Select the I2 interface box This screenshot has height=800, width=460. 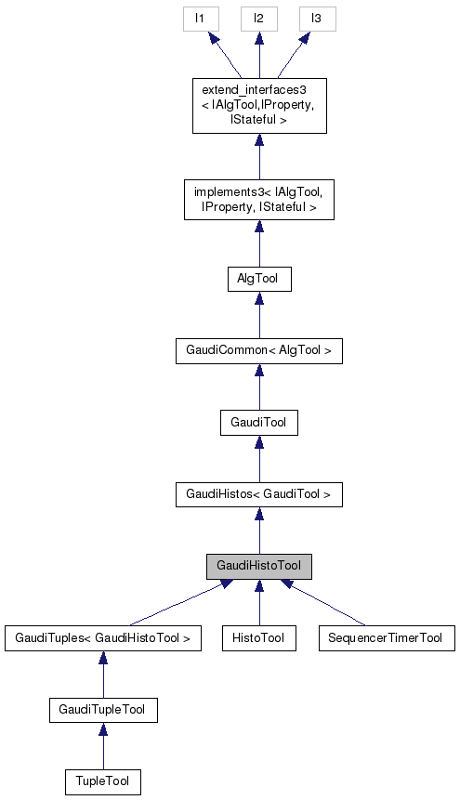[258, 19]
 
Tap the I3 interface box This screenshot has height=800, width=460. [317, 19]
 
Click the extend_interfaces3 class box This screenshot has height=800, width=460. [258, 106]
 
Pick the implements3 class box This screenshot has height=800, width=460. [258, 200]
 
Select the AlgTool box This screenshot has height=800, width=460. [258, 279]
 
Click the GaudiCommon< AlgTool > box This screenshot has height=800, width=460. [258, 351]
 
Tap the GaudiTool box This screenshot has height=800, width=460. [258, 423]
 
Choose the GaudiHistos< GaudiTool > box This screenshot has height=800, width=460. [258, 494]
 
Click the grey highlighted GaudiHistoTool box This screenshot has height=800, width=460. [258, 566]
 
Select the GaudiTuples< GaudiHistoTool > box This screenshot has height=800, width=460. [102, 638]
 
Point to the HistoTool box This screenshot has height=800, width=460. [258, 638]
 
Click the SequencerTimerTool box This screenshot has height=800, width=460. [386, 638]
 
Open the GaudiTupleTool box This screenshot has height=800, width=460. [102, 711]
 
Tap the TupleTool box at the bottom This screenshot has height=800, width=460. [102, 782]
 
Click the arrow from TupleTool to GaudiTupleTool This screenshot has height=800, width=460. [102, 747]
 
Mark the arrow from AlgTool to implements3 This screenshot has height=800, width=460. [258, 243]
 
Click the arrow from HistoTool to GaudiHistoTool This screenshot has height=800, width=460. [258, 603]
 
